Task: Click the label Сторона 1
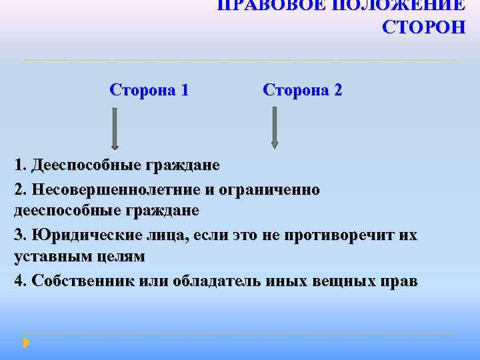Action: pos(149,89)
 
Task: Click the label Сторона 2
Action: pos(303,89)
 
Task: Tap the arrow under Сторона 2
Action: pos(274,127)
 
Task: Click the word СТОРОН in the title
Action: pos(424,27)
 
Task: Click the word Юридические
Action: pos(86,235)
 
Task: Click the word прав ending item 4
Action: pos(399,281)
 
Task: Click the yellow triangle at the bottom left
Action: pos(27,343)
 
